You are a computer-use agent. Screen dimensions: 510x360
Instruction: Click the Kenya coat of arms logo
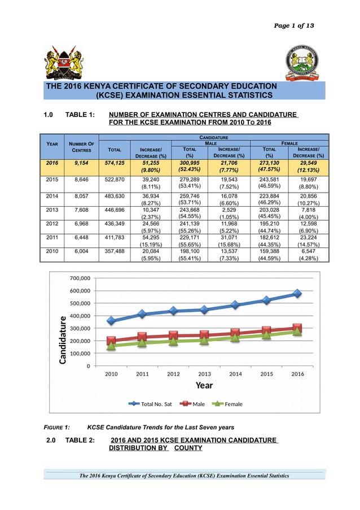click(x=64, y=62)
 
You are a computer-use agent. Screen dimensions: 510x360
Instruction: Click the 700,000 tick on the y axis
click(x=80, y=278)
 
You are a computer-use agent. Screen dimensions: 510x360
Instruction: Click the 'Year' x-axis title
click(x=204, y=385)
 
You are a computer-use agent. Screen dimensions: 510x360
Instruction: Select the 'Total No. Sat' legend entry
click(x=150, y=404)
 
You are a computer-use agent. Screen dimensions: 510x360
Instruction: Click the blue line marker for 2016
click(x=297, y=294)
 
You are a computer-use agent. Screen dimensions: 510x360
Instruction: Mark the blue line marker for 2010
click(x=112, y=321)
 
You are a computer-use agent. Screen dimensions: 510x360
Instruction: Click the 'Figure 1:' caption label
click(x=57, y=427)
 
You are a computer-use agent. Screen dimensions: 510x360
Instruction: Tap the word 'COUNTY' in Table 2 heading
click(x=188, y=448)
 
